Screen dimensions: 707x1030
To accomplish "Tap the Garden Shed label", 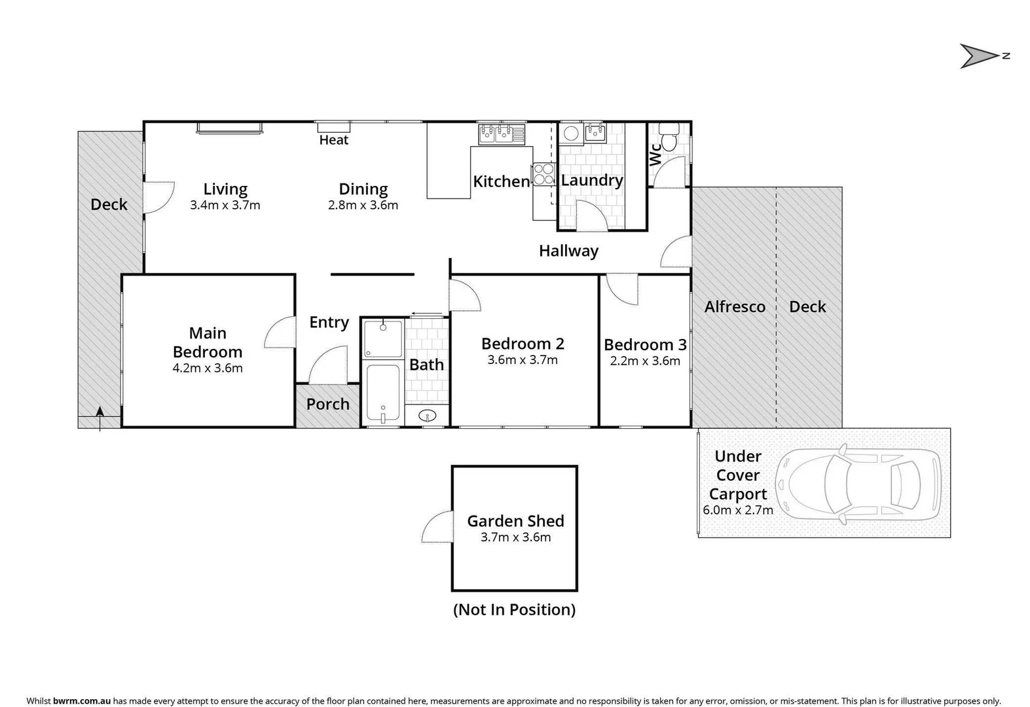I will point(515,521).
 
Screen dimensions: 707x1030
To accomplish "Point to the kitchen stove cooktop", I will point(543,174).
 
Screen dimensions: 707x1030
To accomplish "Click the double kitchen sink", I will point(502,134).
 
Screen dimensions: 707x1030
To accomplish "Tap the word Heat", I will point(334,140).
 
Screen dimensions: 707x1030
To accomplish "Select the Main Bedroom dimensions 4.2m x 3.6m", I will point(208,369).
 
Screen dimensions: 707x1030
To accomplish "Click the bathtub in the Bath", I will point(382,393).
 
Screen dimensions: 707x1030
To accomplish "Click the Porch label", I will point(328,405).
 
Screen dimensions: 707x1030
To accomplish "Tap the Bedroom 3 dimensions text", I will point(645,361).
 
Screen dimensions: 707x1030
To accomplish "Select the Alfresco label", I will point(735,307).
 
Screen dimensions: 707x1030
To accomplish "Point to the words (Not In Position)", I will point(515,610).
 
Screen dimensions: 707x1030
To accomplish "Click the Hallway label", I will point(568,251).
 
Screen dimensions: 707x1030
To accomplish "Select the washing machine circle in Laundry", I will point(571,133).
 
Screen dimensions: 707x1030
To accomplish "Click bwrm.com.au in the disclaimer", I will point(82,701).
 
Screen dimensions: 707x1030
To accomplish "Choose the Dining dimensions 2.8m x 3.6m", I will point(363,206).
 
